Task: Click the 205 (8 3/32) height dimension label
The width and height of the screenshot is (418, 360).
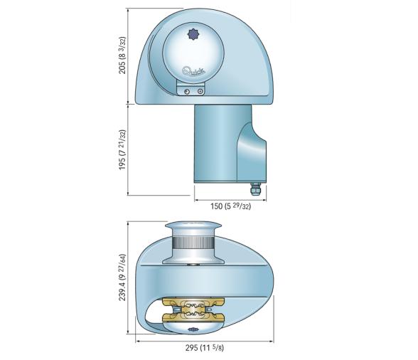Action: [x=123, y=55]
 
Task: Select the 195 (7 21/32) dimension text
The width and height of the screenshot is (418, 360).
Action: [x=123, y=149]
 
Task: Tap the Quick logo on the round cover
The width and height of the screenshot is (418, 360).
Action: [x=193, y=70]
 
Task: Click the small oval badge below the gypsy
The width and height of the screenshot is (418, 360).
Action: [x=193, y=330]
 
